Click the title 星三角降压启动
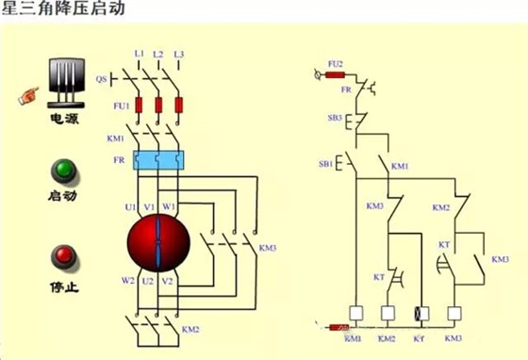tap(58, 10)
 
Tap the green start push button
tap(63, 172)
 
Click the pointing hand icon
tap(26, 94)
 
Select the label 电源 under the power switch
tap(64, 122)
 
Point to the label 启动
tap(63, 197)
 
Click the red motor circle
tap(158, 239)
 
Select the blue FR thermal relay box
tap(157, 159)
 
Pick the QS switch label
tap(101, 79)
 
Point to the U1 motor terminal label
tap(130, 205)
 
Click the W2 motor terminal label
tap(127, 280)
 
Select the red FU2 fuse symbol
tap(336, 74)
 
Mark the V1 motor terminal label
tap(148, 205)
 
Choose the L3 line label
tap(178, 55)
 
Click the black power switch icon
tap(63, 82)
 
